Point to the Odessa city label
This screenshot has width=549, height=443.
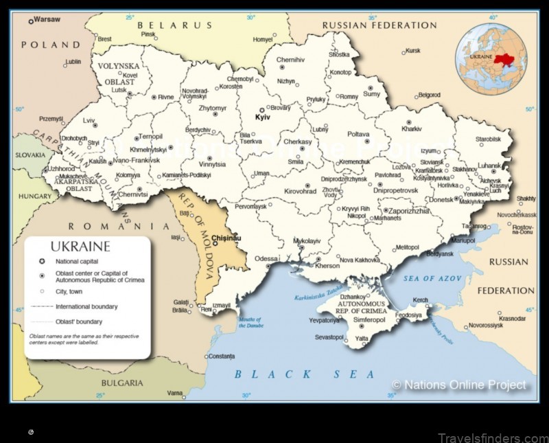pos(266,258)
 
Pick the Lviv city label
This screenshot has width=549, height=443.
pos(89,120)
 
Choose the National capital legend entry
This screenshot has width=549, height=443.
pos(76,262)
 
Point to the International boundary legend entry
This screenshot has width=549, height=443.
pos(86,306)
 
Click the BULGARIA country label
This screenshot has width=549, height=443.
pos(121,382)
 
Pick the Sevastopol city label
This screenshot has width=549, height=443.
pos(329,337)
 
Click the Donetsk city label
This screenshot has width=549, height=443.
pos(441,199)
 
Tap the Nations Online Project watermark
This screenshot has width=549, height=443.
pos(458,385)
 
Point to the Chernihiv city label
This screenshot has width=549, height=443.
pos(290,60)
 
